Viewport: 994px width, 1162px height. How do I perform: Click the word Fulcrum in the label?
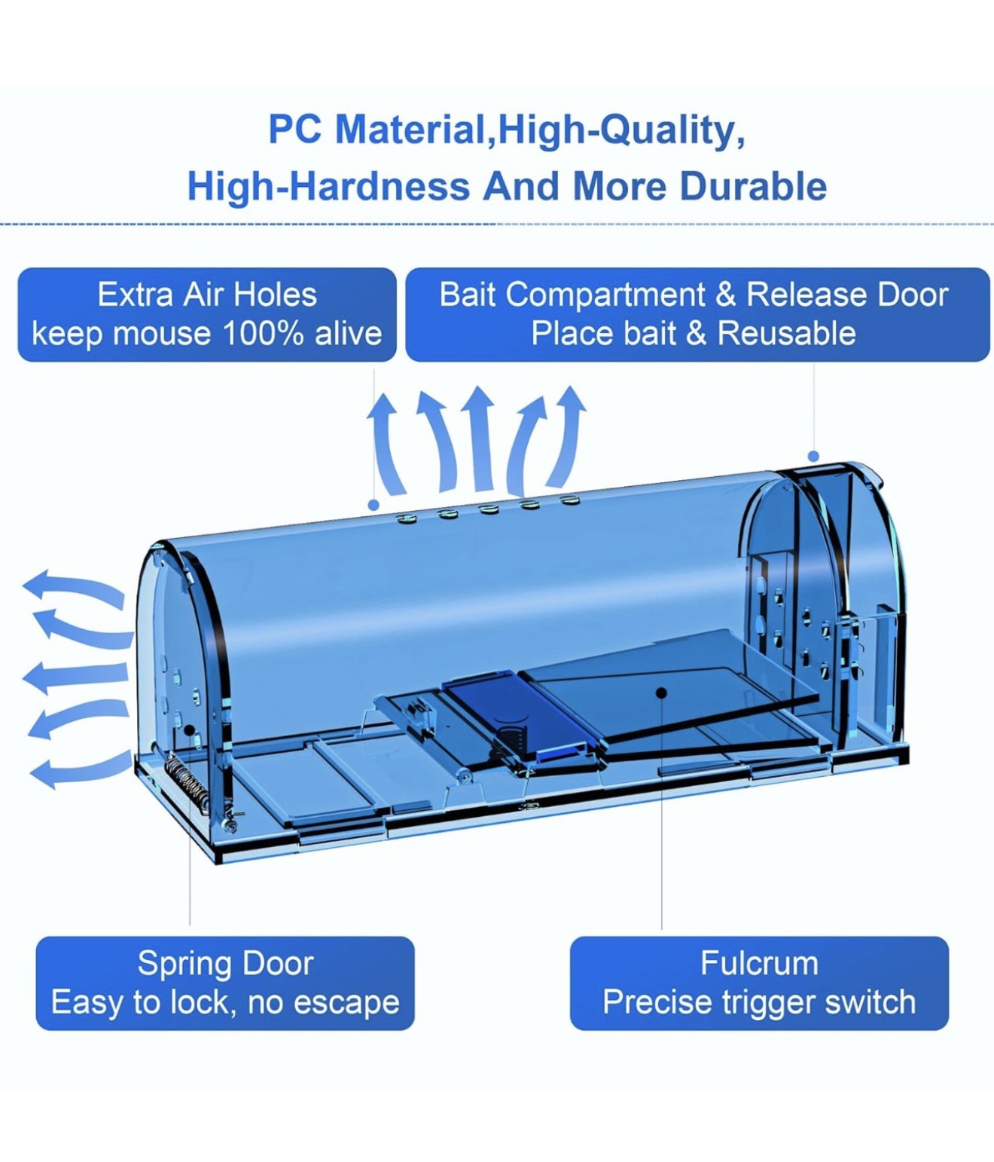click(759, 964)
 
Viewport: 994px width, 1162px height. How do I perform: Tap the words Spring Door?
click(225, 964)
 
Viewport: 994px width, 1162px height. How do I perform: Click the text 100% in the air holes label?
click(263, 333)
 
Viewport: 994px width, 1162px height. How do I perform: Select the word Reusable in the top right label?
click(787, 333)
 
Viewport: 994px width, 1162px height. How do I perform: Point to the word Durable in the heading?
click(754, 186)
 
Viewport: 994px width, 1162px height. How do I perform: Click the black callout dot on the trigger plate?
click(662, 692)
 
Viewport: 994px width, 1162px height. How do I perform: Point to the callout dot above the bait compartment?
click(813, 455)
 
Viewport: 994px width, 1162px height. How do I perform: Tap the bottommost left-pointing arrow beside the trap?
click(78, 769)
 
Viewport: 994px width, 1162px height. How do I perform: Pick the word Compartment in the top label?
click(605, 295)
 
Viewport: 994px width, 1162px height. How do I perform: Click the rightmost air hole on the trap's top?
click(570, 499)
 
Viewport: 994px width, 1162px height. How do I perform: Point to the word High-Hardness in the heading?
click(329, 186)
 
